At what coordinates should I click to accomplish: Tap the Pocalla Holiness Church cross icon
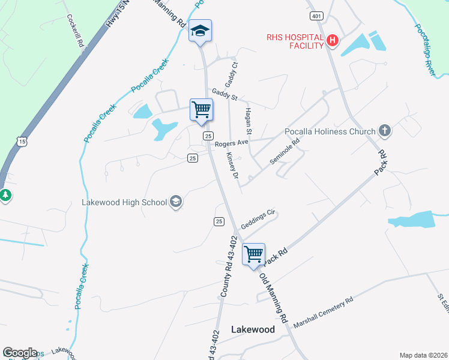click(x=385, y=131)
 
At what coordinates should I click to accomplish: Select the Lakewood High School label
click(x=124, y=202)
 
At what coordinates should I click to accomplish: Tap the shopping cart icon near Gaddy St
click(x=201, y=110)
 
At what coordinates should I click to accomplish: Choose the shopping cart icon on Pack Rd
click(x=253, y=254)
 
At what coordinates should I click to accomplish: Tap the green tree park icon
click(x=5, y=195)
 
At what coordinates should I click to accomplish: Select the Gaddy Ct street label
click(x=235, y=74)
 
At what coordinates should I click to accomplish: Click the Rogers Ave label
click(x=231, y=144)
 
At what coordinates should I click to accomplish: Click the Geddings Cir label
click(x=258, y=217)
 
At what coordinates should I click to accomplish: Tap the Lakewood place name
click(x=253, y=329)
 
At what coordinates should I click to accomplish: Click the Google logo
click(x=19, y=353)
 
